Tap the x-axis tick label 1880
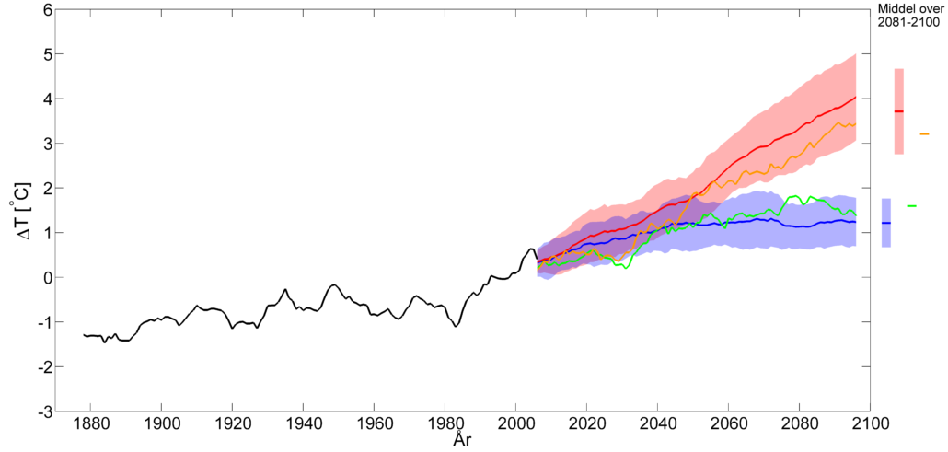pyautogui.click(x=89, y=425)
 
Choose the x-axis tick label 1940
pyautogui.click(x=302, y=425)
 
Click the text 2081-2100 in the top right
pyautogui.click(x=907, y=22)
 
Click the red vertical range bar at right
pyautogui.click(x=899, y=111)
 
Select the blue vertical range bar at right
pyautogui.click(x=886, y=223)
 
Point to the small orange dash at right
pyautogui.click(x=924, y=134)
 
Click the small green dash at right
pyautogui.click(x=911, y=206)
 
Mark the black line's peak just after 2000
pyautogui.click(x=531, y=248)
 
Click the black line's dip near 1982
pyautogui.click(x=456, y=326)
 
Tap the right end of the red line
pyautogui.click(x=856, y=97)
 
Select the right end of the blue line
pyautogui.click(x=856, y=222)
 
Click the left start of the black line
pyautogui.click(x=84, y=335)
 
